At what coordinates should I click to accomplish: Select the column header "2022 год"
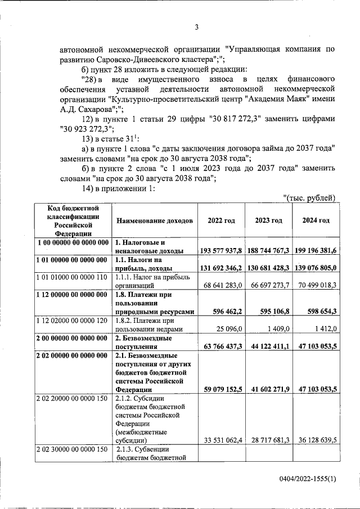pos(221,220)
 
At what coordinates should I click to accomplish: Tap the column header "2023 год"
pos(268,220)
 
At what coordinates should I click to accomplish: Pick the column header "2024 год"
pos(316,220)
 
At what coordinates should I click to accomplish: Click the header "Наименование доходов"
pos(154,220)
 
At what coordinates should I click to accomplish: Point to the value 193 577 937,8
pos(221,250)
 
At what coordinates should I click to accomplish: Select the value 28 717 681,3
pos(268,440)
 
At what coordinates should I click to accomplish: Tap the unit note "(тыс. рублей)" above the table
pos(309,197)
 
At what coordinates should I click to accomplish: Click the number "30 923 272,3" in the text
pos(91,128)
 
